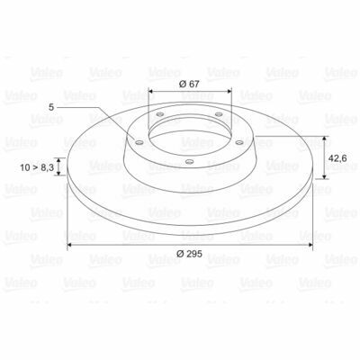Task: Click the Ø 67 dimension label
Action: pyautogui.click(x=189, y=84)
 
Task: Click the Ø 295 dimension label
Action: pyautogui.click(x=189, y=254)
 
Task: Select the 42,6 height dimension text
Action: pyautogui.click(x=337, y=158)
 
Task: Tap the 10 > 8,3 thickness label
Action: pyautogui.click(x=37, y=167)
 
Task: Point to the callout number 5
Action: pyautogui.click(x=51, y=107)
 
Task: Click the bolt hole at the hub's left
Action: pyautogui.click(x=139, y=142)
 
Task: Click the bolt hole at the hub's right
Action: pyautogui.click(x=239, y=142)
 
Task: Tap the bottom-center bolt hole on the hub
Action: pyautogui.click(x=189, y=162)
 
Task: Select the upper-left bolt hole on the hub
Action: pyautogui.click(x=160, y=114)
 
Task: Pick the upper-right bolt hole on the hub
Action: pyautogui.click(x=219, y=114)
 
